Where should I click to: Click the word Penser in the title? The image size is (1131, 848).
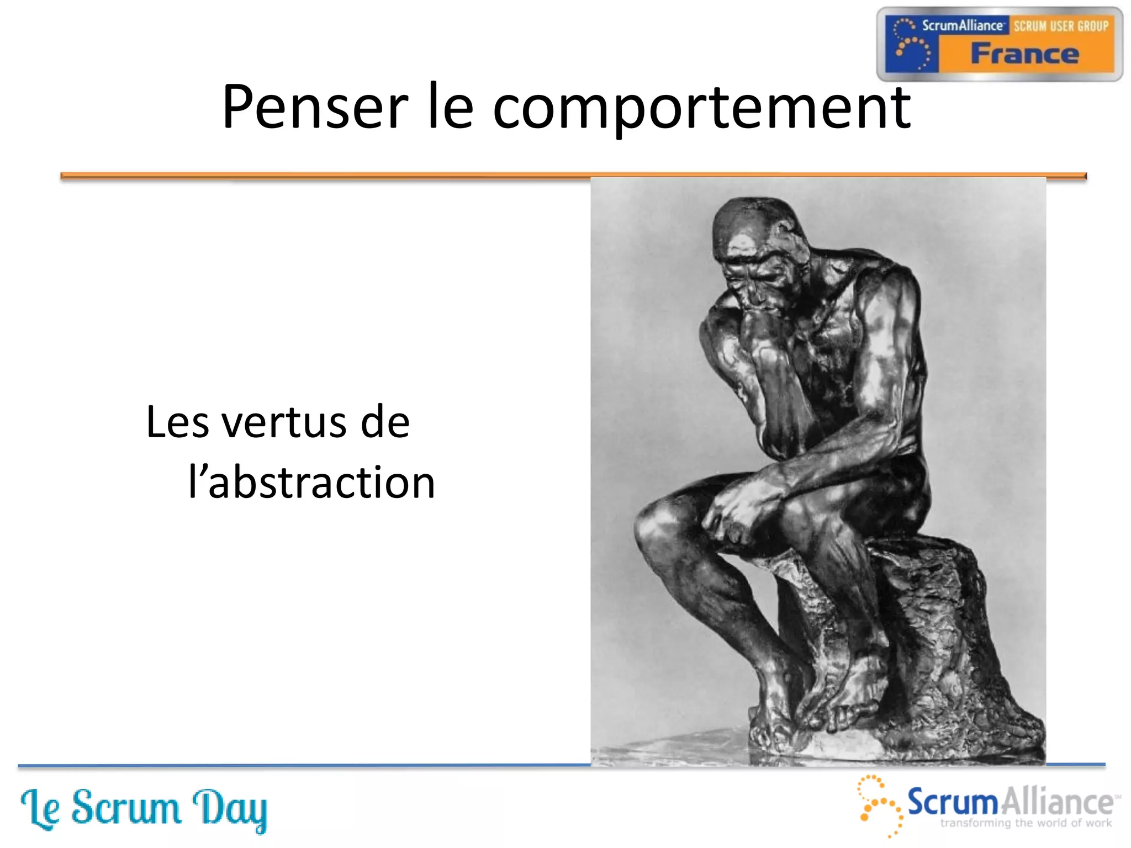(x=315, y=108)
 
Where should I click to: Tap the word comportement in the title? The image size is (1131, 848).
(x=701, y=108)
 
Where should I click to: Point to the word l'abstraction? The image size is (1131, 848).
(x=311, y=483)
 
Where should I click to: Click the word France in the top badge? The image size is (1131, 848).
(x=1025, y=54)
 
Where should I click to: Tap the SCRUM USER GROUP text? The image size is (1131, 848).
(x=1060, y=26)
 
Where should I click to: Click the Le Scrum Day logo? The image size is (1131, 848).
(x=144, y=809)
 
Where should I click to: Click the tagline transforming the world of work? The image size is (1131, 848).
(x=1026, y=823)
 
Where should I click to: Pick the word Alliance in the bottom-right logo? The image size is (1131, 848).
(x=1057, y=802)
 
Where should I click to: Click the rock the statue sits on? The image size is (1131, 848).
(x=939, y=635)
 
